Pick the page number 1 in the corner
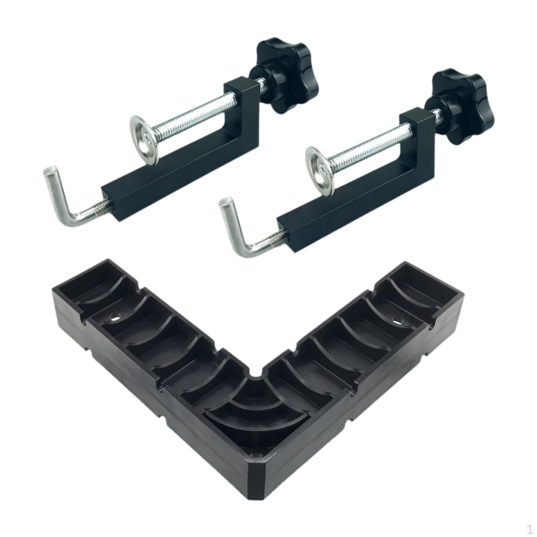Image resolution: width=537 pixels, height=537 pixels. (530, 530)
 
